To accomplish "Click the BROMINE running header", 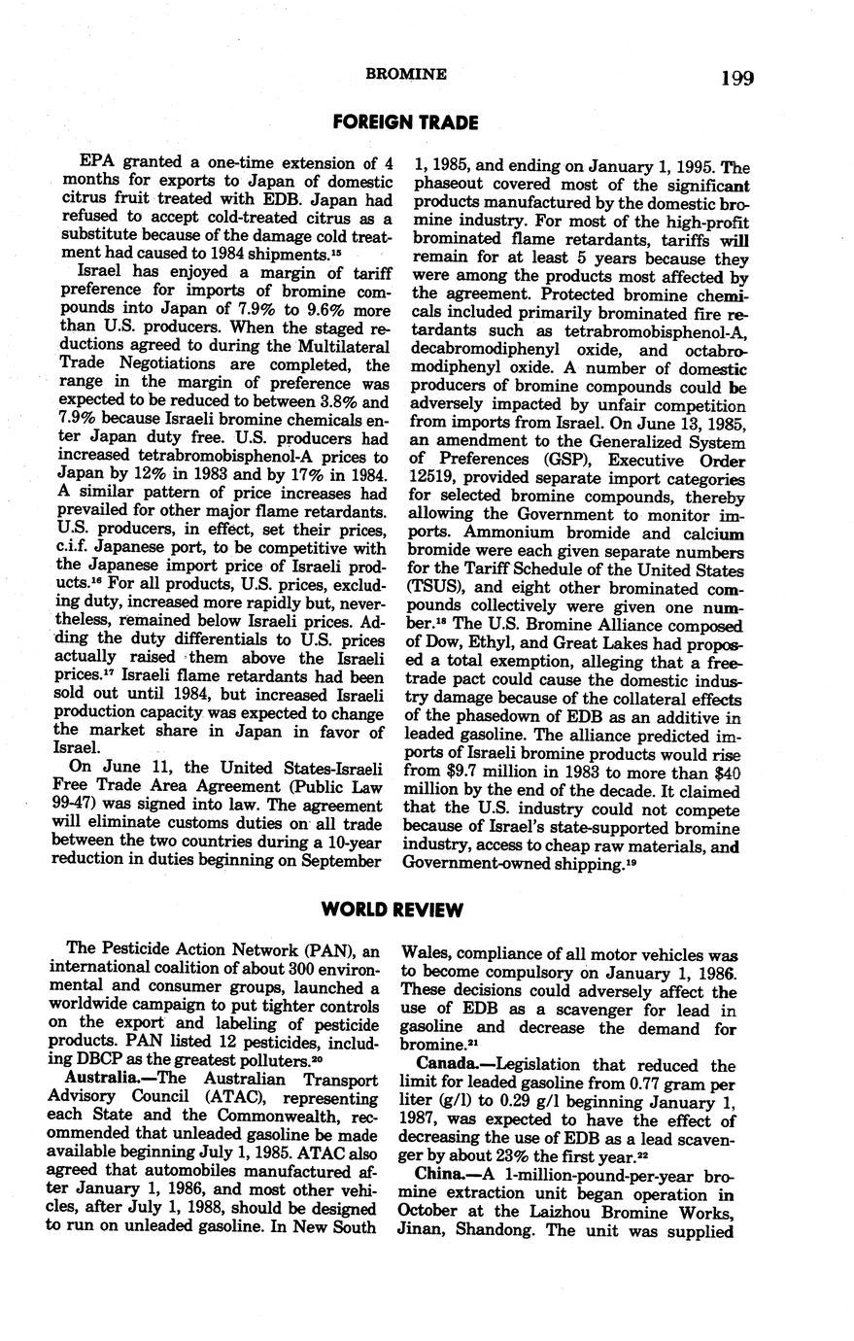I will [405, 74].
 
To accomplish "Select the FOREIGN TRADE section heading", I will [405, 122].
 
